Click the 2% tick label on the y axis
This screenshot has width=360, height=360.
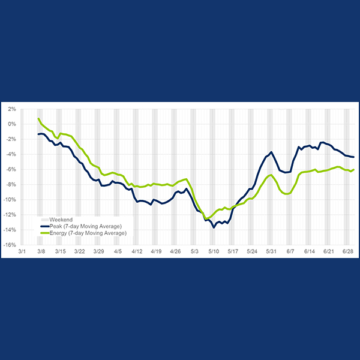tap(12, 109)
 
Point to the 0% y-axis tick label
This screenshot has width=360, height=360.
tap(12, 124)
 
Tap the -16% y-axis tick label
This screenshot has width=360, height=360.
tap(10, 245)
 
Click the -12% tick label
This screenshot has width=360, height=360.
tap(10, 215)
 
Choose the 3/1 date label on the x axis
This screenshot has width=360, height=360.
tap(22, 252)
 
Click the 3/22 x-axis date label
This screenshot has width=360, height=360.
tap(79, 252)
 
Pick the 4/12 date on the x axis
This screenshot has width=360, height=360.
tap(136, 252)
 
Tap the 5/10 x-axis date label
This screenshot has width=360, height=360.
tap(213, 252)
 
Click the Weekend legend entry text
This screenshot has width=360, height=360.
tap(61, 220)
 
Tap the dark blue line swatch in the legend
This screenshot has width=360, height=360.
tap(44, 226)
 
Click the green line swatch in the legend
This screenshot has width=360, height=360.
tap(44, 232)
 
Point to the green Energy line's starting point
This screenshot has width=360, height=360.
tap(38, 118)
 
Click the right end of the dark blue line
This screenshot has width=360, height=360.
tap(353, 157)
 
